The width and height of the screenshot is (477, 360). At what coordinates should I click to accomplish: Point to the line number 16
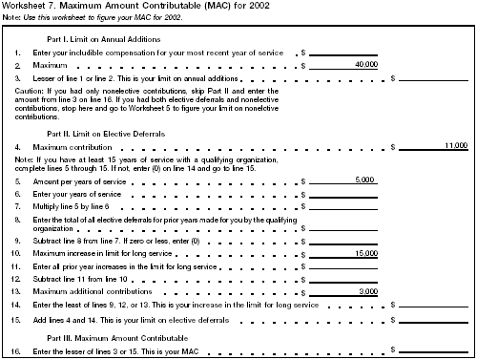click(x=17, y=352)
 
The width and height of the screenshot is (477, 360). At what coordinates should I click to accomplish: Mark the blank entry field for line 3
click(x=434, y=77)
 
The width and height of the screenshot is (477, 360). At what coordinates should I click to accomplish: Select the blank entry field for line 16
click(x=434, y=352)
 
